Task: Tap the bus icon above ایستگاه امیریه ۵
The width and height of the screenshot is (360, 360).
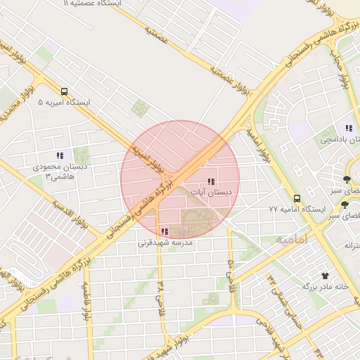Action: pos(65,91)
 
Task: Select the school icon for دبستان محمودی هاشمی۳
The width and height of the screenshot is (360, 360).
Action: pos(60,155)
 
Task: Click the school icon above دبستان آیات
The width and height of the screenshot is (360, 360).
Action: pos(212,181)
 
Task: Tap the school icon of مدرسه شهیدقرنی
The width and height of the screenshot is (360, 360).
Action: pos(165,231)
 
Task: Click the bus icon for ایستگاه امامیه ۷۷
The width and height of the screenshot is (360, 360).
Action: pos(297,198)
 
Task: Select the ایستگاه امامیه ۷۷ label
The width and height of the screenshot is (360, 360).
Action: pos(297,210)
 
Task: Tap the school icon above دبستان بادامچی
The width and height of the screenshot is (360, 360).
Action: pos(348,128)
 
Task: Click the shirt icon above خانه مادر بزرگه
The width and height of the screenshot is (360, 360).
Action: pos(325,276)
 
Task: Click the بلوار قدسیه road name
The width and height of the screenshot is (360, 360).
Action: pos(70,214)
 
